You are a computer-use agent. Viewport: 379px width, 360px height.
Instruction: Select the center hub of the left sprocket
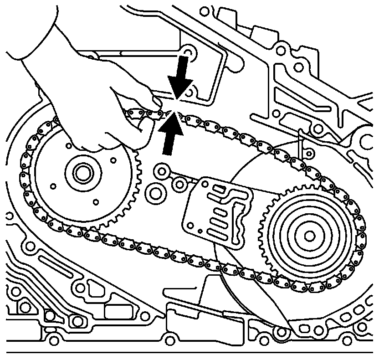click(x=82, y=173)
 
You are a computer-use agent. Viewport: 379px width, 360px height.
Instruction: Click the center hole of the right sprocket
click(x=309, y=236)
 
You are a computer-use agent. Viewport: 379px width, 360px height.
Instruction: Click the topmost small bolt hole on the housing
click(x=203, y=10)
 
